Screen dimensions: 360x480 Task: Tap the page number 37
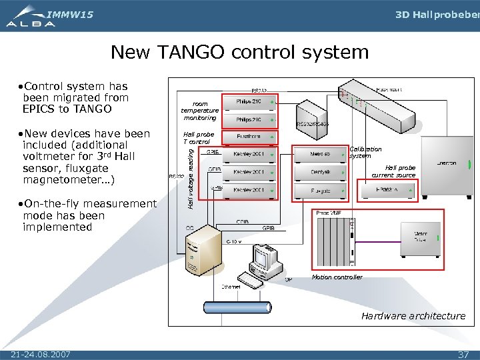463,354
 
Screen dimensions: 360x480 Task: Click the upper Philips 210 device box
249,101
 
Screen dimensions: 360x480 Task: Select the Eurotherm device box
249,137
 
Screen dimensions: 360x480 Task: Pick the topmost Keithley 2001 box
249,155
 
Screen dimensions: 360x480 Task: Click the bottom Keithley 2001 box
249,191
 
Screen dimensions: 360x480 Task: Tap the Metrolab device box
321,155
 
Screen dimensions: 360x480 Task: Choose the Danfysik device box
321,173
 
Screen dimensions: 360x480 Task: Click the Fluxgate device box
321,191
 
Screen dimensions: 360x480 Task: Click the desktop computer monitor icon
265,256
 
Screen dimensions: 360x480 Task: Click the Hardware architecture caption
413,316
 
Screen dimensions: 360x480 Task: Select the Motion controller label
337,277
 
